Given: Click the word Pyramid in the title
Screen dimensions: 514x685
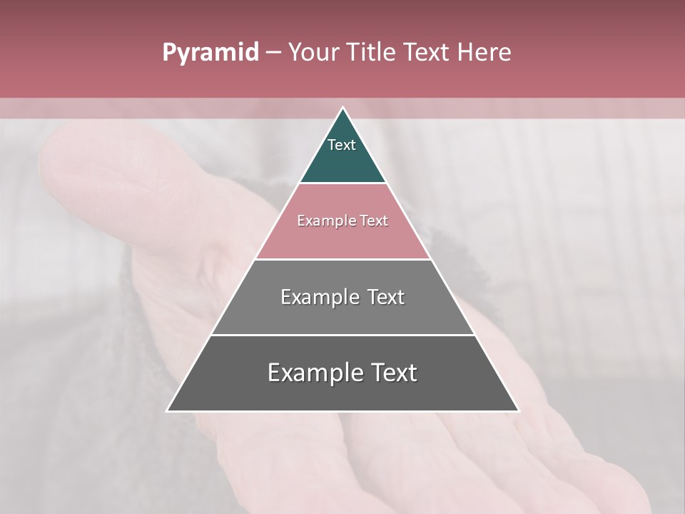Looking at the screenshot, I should click(x=210, y=53).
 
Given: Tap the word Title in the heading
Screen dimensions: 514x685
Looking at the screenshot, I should click(x=371, y=53).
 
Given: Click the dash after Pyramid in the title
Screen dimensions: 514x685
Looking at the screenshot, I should click(x=273, y=53).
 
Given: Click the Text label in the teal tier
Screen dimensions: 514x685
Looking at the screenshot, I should click(x=342, y=145).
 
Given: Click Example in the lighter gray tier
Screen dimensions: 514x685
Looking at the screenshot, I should click(x=319, y=297).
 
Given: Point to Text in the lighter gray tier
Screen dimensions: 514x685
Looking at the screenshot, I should click(x=386, y=297).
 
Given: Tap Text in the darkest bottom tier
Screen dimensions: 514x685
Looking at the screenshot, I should click(x=392, y=373).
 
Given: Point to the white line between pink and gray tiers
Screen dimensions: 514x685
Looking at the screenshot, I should click(x=342, y=259).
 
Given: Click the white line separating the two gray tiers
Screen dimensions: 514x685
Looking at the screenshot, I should click(x=342, y=335).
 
